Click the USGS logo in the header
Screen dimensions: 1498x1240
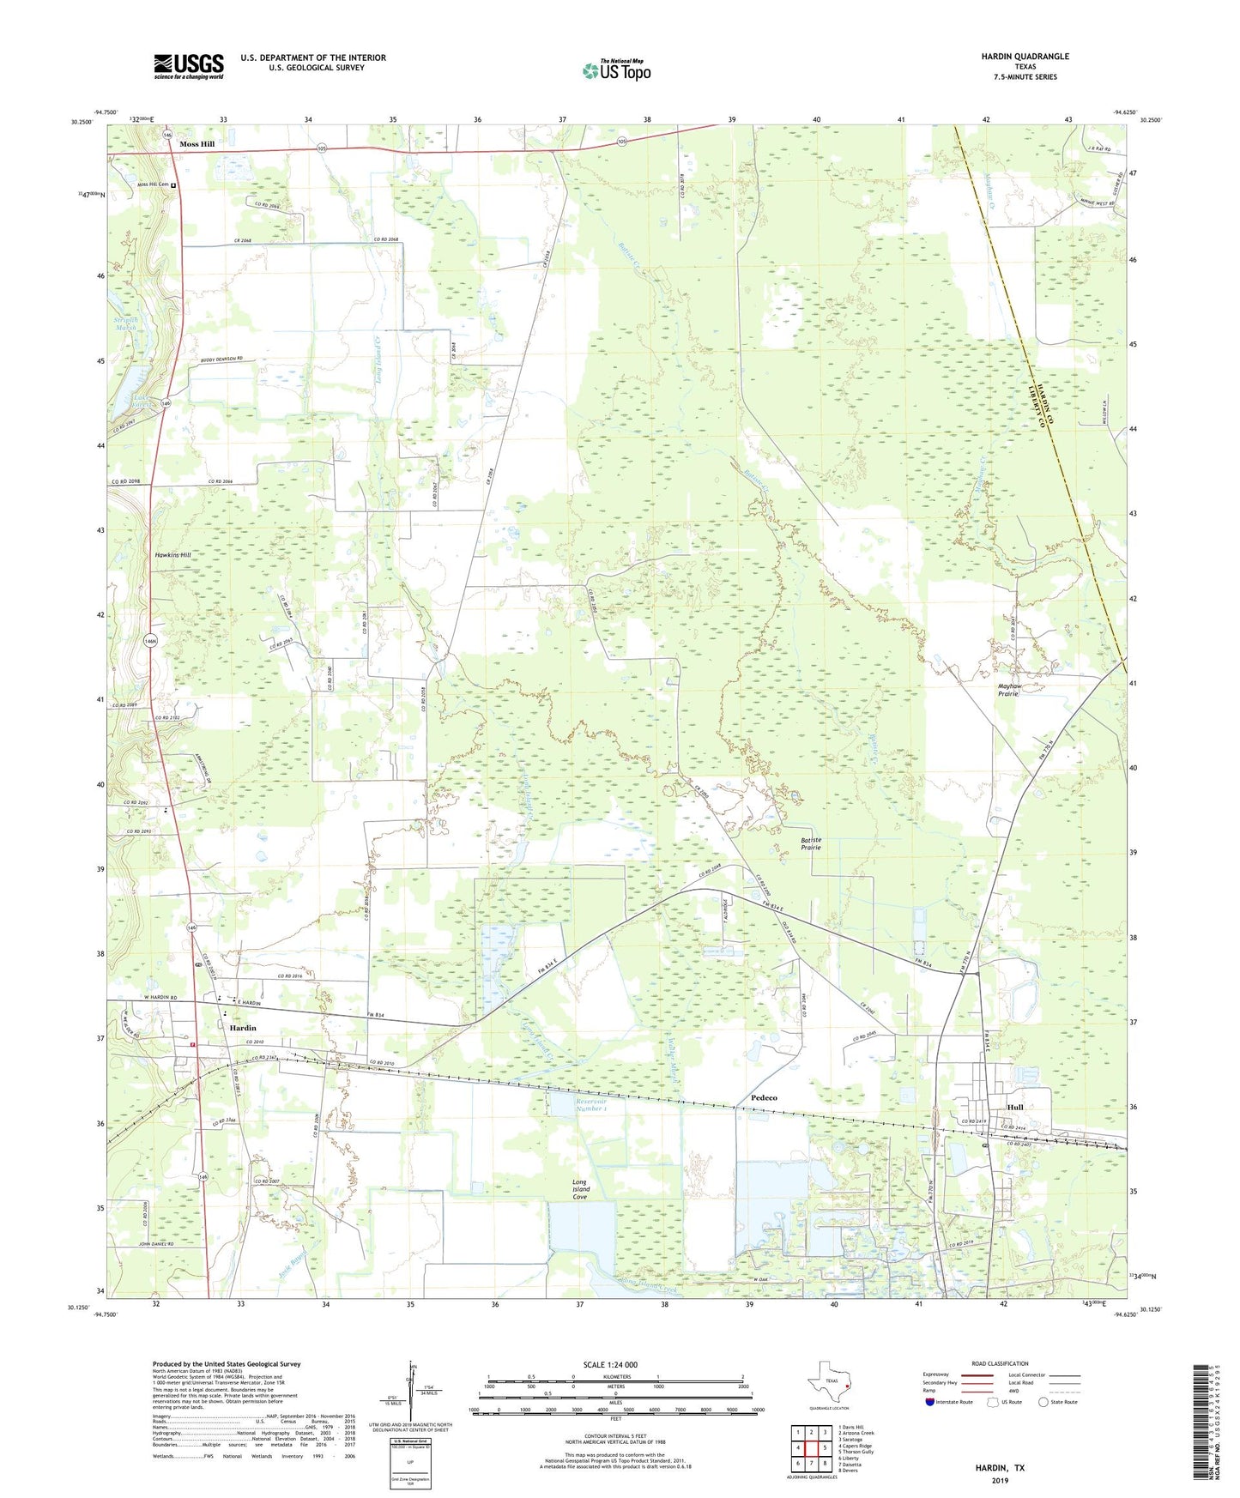tap(189, 66)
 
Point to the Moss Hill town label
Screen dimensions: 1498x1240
tap(197, 144)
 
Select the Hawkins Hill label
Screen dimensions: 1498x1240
tap(173, 555)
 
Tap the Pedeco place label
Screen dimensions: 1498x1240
tap(764, 1098)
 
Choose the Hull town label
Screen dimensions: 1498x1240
tap(1015, 1108)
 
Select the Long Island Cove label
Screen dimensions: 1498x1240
tap(581, 1190)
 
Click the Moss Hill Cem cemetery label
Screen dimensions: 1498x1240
tap(154, 184)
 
